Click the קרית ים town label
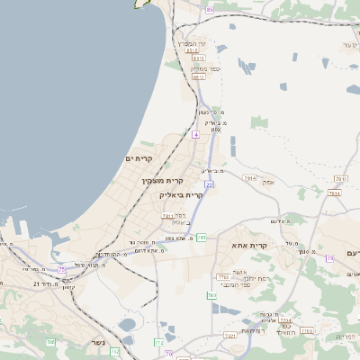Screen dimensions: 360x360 click(x=139, y=159)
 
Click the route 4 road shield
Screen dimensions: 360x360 click(x=195, y=134)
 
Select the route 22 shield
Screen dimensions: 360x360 click(x=209, y=184)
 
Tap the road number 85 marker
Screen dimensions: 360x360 click(x=209, y=9)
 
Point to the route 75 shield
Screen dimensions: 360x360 click(x=62, y=268)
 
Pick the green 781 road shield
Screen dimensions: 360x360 click(x=202, y=238)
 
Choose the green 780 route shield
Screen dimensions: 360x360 click(x=212, y=295)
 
